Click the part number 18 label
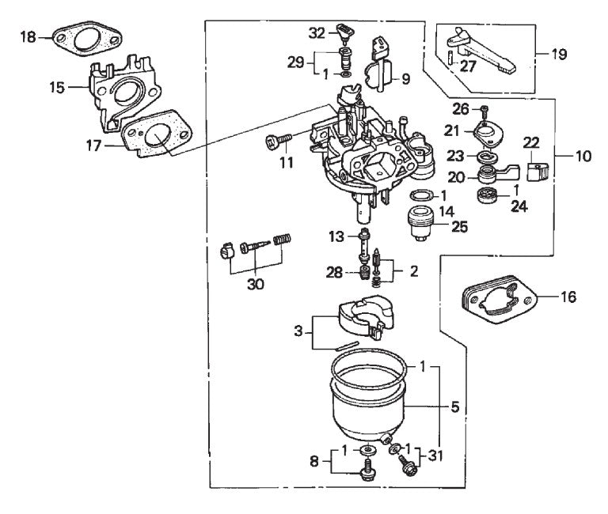28,37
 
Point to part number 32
317,32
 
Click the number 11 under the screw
286,163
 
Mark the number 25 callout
458,226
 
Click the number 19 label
559,55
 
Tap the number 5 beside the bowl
454,408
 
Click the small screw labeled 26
484,109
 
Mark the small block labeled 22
537,169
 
